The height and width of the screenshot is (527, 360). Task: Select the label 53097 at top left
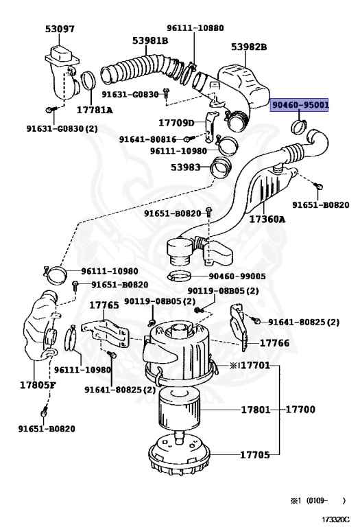coord(60,30)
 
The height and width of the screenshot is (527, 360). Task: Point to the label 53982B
coord(249,47)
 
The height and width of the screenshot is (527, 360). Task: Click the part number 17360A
coord(267,220)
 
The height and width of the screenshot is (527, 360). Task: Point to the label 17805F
coord(28,384)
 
